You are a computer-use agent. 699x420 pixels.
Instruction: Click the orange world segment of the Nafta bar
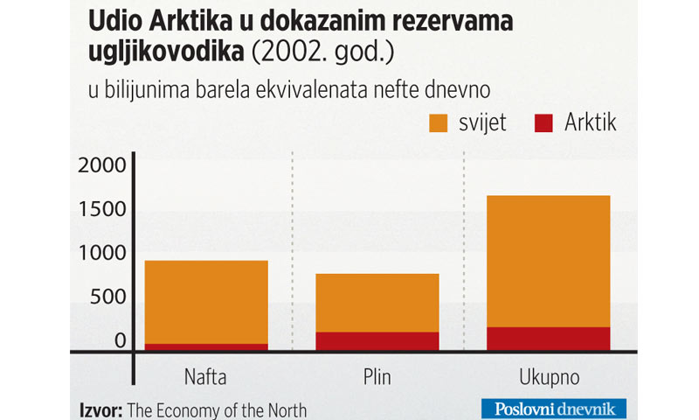[x=206, y=302]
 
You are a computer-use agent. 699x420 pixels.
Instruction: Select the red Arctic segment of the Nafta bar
[x=206, y=347]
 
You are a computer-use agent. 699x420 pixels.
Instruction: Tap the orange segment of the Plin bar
[x=377, y=303]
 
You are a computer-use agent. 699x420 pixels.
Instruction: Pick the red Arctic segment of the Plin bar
[x=377, y=341]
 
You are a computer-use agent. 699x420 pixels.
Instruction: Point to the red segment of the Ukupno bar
[x=548, y=339]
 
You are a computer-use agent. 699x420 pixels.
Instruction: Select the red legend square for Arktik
[x=543, y=122]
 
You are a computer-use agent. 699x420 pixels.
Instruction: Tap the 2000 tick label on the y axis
[x=103, y=164]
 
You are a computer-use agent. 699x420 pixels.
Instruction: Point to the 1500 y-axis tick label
[x=103, y=209]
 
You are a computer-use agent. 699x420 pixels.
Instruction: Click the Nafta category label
[x=206, y=378]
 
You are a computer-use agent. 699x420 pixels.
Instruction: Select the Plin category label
[x=377, y=378]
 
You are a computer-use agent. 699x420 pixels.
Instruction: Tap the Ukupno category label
[x=548, y=378]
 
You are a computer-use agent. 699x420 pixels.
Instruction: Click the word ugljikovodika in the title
[x=166, y=53]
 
